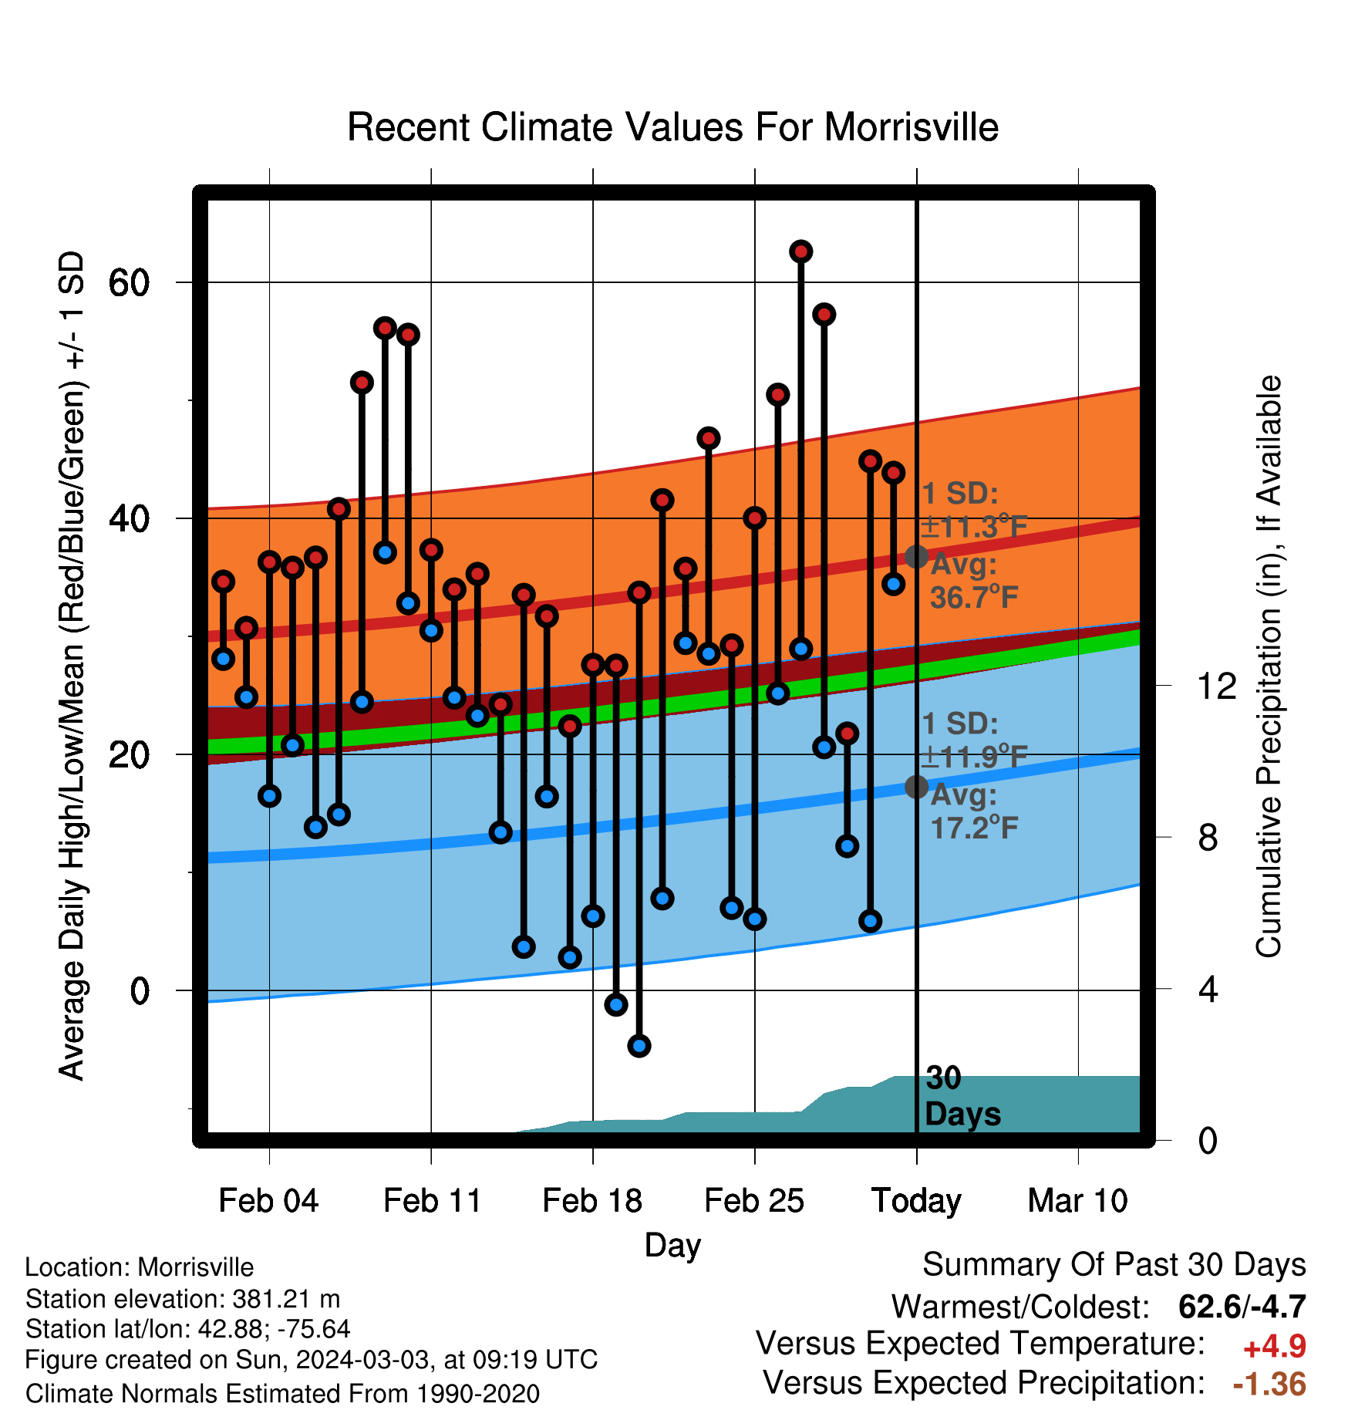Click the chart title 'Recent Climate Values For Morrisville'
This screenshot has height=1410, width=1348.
click(x=672, y=127)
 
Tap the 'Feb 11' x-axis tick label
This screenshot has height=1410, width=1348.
click(x=432, y=1201)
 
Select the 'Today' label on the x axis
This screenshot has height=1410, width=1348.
click(x=916, y=1201)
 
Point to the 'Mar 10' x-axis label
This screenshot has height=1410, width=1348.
click(x=1078, y=1201)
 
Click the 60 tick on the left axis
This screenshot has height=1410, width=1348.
click(x=129, y=283)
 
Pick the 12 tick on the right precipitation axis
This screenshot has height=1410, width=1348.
click(x=1216, y=686)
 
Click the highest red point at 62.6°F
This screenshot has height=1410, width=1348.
click(x=801, y=251)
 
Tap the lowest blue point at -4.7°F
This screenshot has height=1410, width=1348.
click(x=639, y=1046)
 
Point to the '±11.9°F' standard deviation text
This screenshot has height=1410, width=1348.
click(x=975, y=757)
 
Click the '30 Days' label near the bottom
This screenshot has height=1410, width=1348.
click(x=962, y=1096)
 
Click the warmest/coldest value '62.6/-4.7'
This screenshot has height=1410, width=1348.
click(x=1242, y=1307)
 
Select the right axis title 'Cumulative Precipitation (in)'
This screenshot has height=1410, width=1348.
click(x=1269, y=667)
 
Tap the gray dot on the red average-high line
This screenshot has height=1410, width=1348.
click(x=916, y=556)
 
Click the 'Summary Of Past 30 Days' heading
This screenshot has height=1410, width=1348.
click(x=1114, y=1265)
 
